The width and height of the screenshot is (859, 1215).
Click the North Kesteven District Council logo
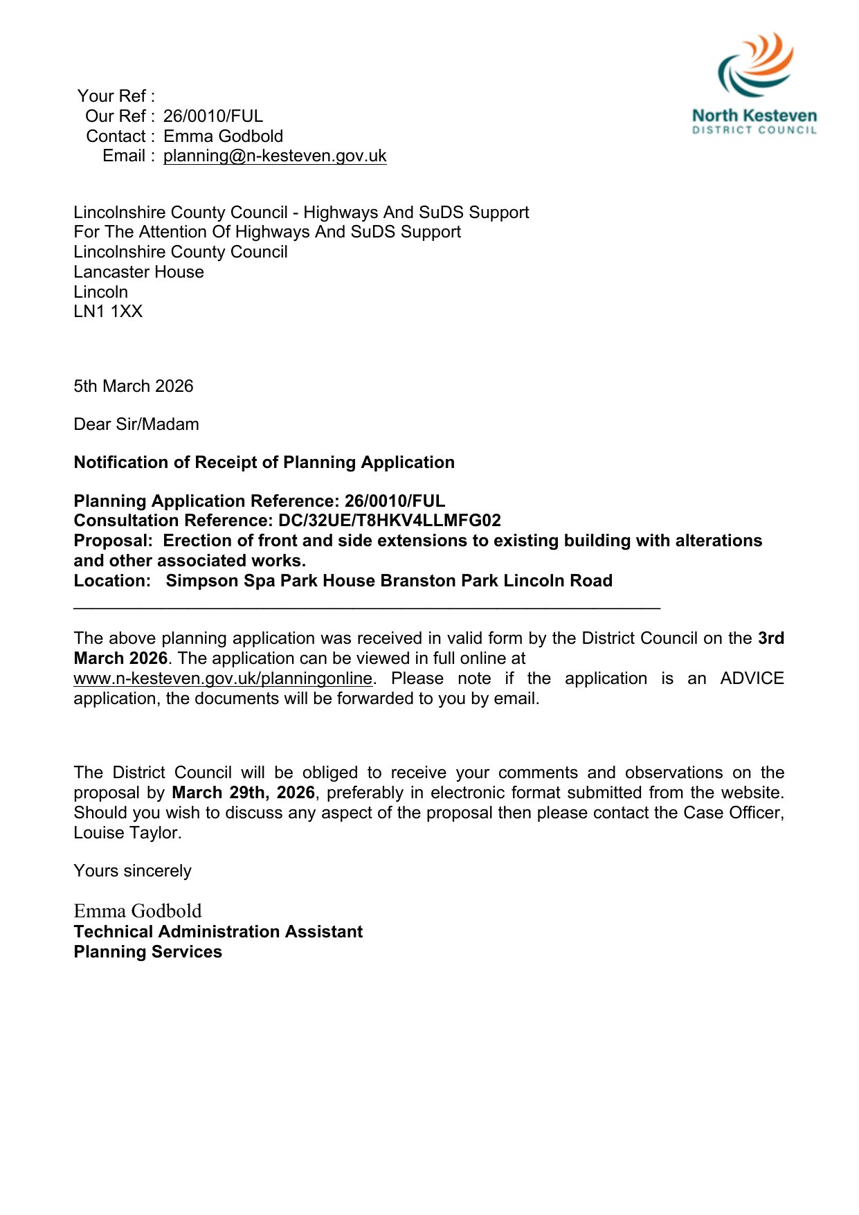[x=754, y=83]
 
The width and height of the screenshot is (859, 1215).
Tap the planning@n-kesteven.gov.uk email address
[x=275, y=156]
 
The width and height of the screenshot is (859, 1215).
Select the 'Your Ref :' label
[x=116, y=96]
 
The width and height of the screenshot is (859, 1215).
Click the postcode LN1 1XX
[x=108, y=312]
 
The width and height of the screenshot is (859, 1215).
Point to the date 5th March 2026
[x=134, y=386]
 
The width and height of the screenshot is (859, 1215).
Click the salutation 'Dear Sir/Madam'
[x=136, y=424]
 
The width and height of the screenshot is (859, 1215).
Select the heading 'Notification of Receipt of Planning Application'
[x=264, y=462]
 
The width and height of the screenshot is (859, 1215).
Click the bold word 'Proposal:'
[x=113, y=541]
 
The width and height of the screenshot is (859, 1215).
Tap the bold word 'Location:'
[x=112, y=581]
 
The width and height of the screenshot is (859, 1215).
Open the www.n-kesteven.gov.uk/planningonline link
[x=223, y=678]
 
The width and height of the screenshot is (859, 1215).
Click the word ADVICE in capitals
[x=752, y=678]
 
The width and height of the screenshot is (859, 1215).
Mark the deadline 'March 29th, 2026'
[x=243, y=793]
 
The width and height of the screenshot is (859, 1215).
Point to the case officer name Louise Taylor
[x=127, y=833]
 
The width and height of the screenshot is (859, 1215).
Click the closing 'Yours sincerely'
[x=132, y=871]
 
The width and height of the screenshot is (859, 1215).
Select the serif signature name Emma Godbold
[x=138, y=911]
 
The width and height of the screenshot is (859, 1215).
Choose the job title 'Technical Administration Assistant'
[x=218, y=932]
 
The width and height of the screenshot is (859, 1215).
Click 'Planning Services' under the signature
[x=147, y=952]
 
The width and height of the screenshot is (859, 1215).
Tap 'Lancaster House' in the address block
[x=138, y=272]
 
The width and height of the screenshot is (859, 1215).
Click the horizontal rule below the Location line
[x=367, y=607]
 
